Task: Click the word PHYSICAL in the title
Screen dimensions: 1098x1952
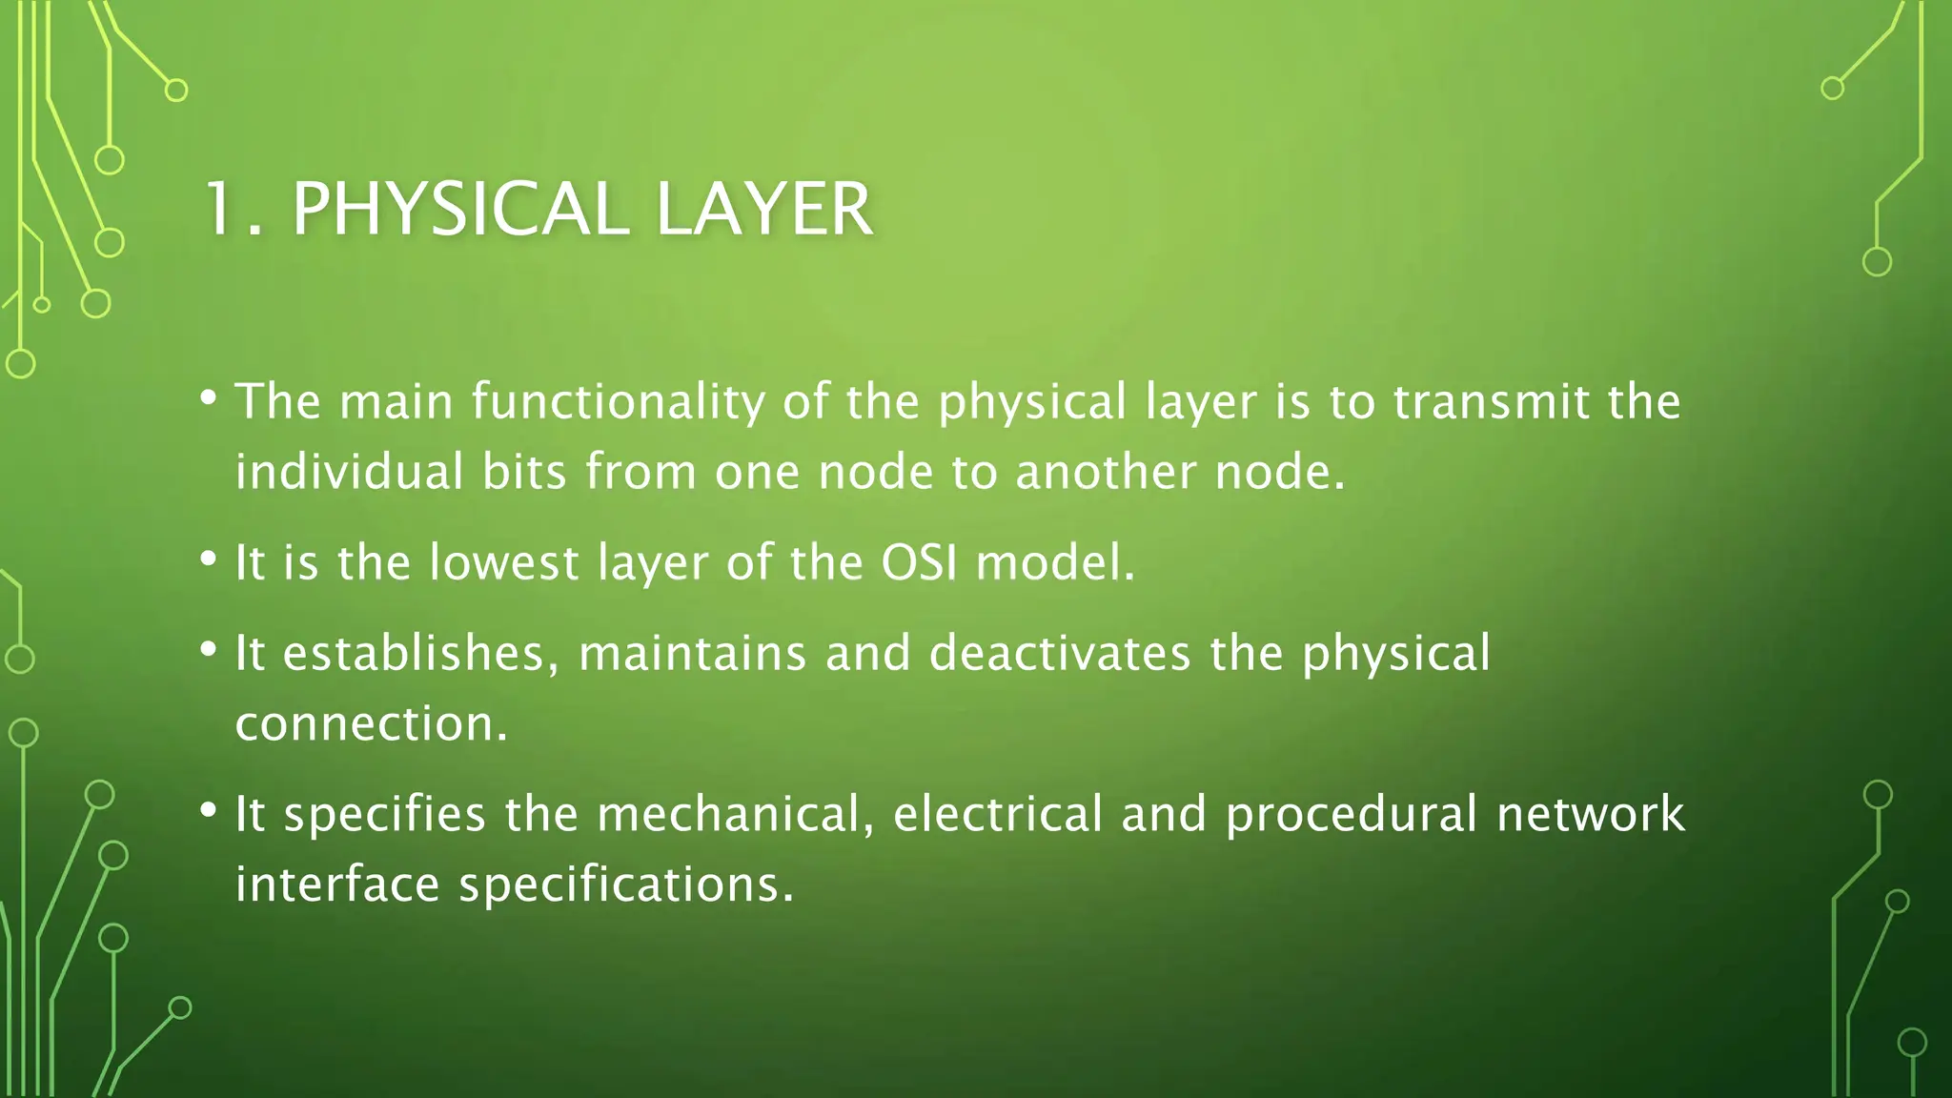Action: [459, 209]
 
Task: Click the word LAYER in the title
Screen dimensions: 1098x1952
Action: [764, 209]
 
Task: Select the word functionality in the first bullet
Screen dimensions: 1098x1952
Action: [619, 401]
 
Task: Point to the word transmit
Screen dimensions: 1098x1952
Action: [1490, 401]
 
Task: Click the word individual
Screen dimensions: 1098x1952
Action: [349, 472]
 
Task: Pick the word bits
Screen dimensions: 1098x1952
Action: [524, 472]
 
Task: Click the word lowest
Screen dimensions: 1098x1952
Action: [503, 562]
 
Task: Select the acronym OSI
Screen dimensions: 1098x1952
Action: [919, 562]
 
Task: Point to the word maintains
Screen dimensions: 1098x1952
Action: [693, 653]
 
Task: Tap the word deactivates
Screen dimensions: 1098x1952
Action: [1060, 653]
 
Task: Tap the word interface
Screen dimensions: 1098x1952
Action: [337, 884]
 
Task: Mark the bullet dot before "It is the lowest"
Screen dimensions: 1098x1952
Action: [209, 559]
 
